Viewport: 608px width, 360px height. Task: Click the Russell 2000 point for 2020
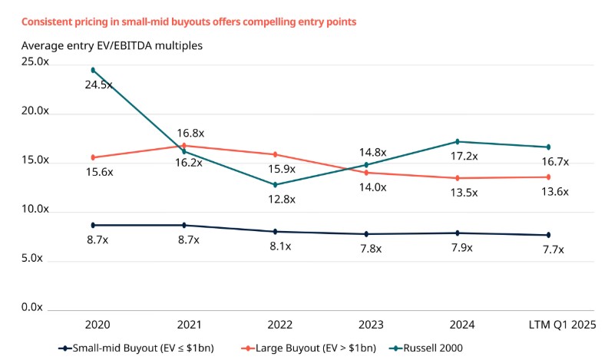point(93,70)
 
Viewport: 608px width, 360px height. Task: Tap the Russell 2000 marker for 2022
point(276,184)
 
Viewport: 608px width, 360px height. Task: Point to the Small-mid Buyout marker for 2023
point(366,234)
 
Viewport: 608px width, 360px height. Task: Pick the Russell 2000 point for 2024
point(458,141)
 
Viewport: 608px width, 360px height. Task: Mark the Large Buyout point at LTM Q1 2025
point(548,177)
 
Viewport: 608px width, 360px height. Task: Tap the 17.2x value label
point(464,156)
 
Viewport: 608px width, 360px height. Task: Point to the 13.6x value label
point(554,192)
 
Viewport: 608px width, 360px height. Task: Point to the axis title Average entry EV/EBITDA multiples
point(111,45)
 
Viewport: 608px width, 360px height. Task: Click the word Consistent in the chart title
point(45,21)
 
